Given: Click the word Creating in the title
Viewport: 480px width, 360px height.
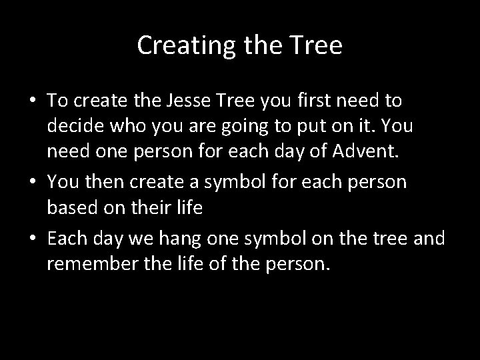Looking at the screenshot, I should coord(177,46).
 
